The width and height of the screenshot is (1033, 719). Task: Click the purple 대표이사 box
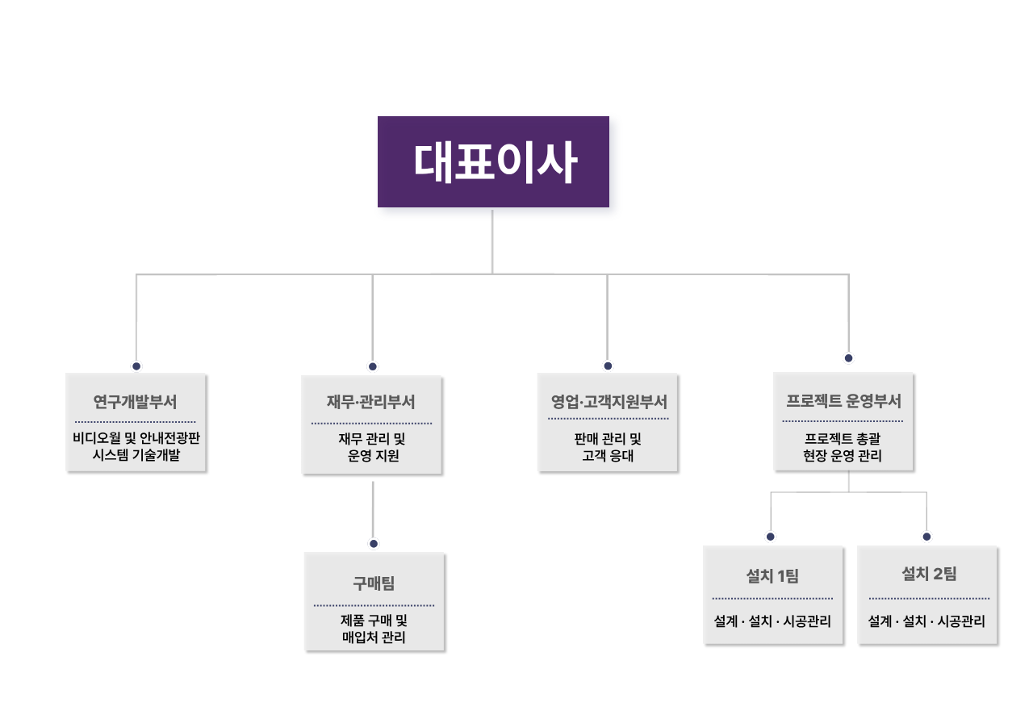coord(493,161)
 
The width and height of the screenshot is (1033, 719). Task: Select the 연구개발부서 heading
coord(136,401)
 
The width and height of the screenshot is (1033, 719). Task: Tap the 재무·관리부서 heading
coord(371,401)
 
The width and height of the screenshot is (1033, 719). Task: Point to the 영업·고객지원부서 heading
coord(608,401)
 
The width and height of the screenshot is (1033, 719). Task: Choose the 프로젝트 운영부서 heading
coord(843,400)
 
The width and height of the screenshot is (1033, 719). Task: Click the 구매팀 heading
coord(374,583)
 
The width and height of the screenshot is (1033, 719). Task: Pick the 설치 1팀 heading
coord(772,576)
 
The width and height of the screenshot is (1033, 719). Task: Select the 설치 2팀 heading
coord(929,575)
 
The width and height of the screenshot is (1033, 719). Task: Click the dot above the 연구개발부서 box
coord(136,366)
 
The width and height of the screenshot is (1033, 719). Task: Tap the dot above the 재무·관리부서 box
coord(373,366)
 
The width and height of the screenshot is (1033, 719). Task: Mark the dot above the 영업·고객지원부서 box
coord(608,366)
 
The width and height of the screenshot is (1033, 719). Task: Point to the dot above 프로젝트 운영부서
coord(848,357)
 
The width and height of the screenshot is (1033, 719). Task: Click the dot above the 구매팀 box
coord(373,543)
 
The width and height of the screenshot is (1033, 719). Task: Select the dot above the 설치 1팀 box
coord(771,537)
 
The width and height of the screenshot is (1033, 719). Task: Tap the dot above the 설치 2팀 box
coord(926,537)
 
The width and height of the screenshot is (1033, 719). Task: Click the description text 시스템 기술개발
coord(136,456)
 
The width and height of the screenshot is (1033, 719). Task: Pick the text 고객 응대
coord(608,456)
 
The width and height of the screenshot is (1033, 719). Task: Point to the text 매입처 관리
coord(374,637)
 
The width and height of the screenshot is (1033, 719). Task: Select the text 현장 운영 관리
coord(843,456)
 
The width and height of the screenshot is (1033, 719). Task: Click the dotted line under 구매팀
coord(374,605)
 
